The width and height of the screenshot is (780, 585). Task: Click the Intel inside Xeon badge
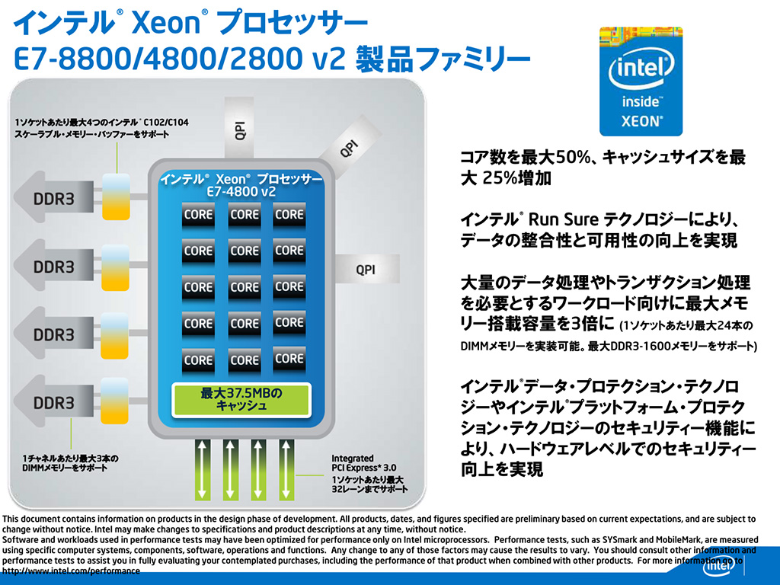641,81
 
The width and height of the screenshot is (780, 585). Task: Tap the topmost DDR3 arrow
54,199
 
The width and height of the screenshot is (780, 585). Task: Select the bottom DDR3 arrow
54,402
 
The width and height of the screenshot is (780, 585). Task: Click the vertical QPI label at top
239,130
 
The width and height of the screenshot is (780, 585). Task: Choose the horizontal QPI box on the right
367,269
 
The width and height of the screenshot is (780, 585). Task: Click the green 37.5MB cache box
241,399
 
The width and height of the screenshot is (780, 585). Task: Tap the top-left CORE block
198,215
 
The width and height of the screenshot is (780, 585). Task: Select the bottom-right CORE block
289,360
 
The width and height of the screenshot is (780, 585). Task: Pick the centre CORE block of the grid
245,287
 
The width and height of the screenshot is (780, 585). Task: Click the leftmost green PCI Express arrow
202,469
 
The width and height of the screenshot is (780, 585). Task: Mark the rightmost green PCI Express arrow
286,469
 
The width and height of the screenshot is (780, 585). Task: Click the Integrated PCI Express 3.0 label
363,463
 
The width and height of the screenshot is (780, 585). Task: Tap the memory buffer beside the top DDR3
116,197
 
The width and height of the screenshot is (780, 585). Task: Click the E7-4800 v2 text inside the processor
241,191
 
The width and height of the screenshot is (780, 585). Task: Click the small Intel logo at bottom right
719,566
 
